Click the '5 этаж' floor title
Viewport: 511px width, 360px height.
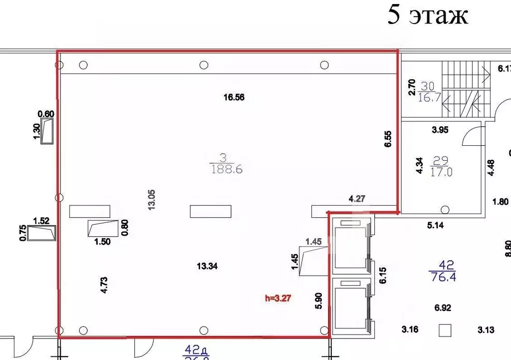coord(428,15)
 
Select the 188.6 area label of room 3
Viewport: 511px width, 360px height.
coord(226,170)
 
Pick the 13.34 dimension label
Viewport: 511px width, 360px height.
coord(207,266)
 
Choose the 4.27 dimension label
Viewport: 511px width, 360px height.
coord(358,199)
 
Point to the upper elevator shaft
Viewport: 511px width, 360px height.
coord(350,247)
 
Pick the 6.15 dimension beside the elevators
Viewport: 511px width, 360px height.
coord(383,275)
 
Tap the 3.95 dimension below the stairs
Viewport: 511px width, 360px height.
coord(440,130)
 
